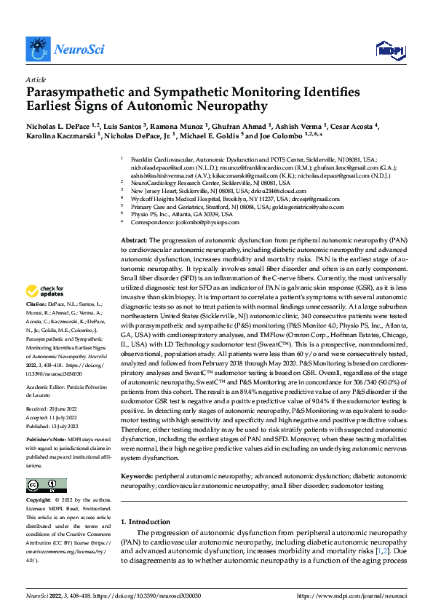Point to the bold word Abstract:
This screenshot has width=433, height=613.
click(x=134, y=240)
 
